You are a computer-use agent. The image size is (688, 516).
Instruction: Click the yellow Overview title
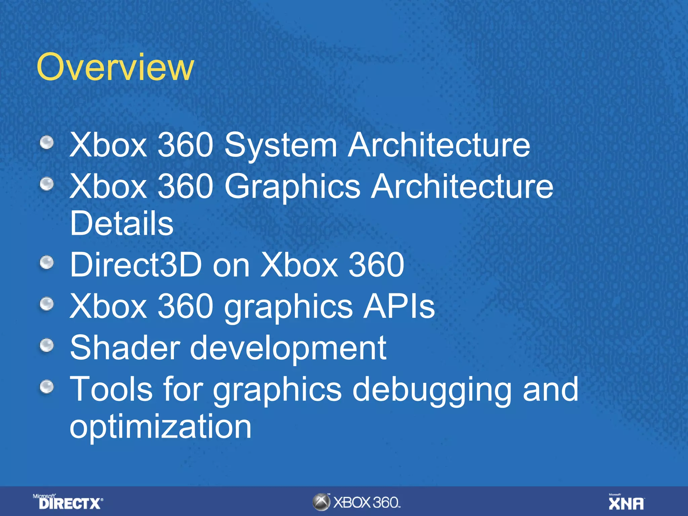pyautogui.click(x=115, y=67)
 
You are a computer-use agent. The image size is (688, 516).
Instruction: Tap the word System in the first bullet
pyautogui.click(x=281, y=145)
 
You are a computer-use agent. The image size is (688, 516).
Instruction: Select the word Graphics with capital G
pyautogui.click(x=292, y=187)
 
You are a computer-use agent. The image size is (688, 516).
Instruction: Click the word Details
pyautogui.click(x=122, y=223)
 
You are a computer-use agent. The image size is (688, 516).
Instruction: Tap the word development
pyautogui.click(x=288, y=349)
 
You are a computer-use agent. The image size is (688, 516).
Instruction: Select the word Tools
pyautogui.click(x=111, y=389)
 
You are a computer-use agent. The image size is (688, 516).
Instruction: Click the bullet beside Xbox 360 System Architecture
pyautogui.click(x=47, y=142)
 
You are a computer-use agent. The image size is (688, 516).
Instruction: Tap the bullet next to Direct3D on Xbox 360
pyautogui.click(x=47, y=262)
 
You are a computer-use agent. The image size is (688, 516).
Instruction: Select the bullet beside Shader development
pyautogui.click(x=47, y=345)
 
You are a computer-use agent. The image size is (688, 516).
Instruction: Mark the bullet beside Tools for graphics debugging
pyautogui.click(x=47, y=387)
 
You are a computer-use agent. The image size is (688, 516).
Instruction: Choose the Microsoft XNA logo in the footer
pyautogui.click(x=627, y=502)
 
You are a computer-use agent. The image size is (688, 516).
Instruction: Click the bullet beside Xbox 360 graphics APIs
pyautogui.click(x=47, y=304)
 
